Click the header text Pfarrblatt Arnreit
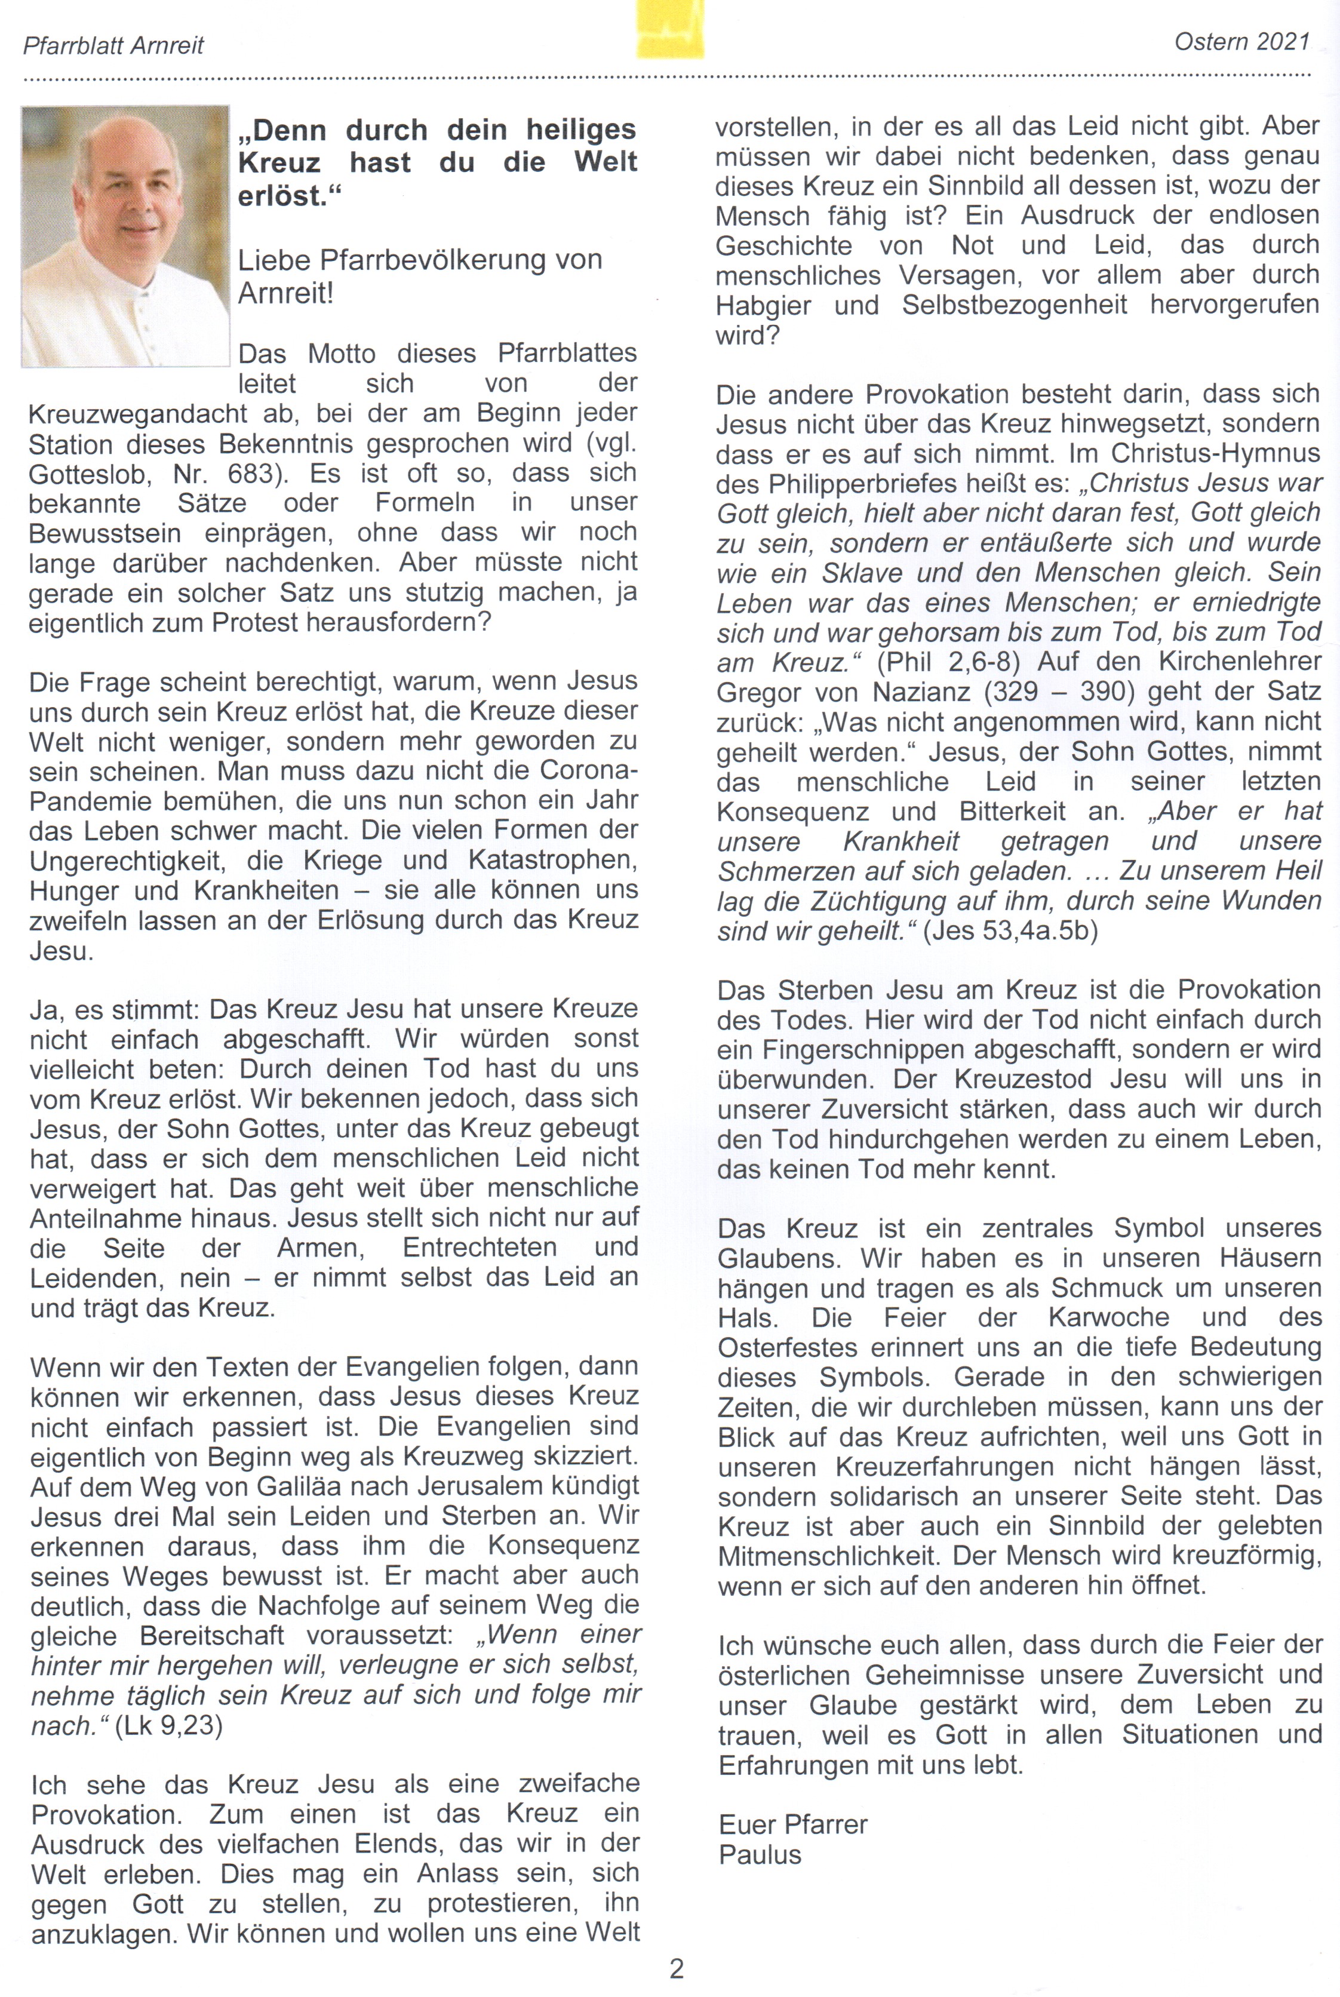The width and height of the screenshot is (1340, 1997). (113, 45)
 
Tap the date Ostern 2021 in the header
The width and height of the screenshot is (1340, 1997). (1241, 41)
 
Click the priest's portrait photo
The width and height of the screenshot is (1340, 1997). (125, 236)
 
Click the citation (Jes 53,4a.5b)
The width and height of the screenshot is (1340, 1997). (1010, 930)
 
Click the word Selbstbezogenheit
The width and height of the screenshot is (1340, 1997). (1015, 305)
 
